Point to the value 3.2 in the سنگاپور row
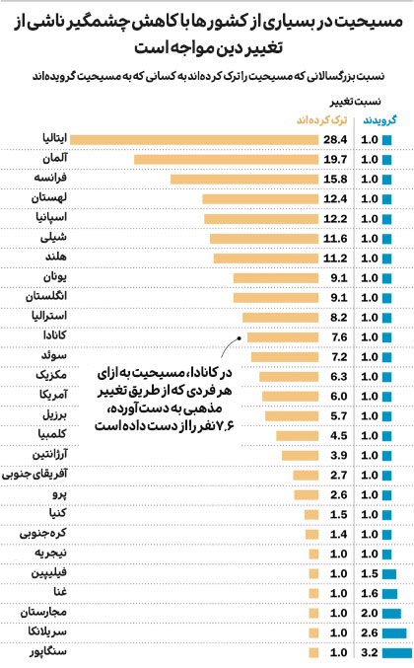tap(371, 652)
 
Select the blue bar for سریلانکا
tap(394, 632)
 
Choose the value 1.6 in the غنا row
tap(371, 593)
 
